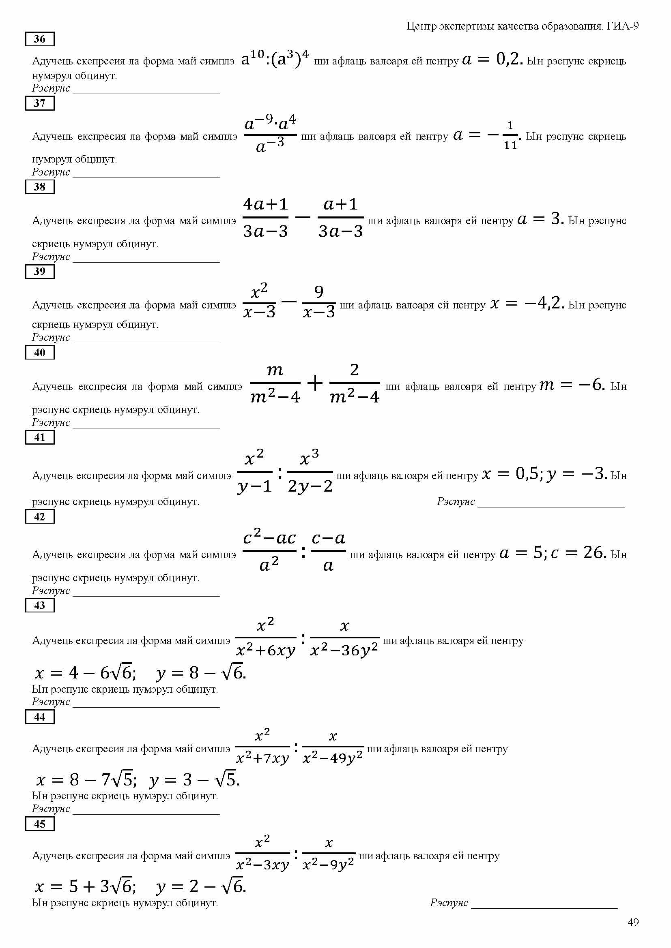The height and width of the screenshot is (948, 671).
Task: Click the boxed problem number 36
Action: click(x=40, y=39)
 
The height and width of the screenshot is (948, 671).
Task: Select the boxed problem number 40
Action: click(x=40, y=352)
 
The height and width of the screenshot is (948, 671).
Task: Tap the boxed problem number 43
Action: click(x=40, y=605)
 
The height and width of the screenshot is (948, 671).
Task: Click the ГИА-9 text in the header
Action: click(x=623, y=26)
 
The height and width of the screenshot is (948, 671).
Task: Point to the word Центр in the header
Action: click(x=421, y=26)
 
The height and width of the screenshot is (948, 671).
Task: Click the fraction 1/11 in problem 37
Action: click(x=510, y=135)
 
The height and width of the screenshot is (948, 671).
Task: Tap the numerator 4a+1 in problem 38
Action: click(x=265, y=204)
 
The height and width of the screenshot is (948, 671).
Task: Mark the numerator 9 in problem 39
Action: click(x=318, y=292)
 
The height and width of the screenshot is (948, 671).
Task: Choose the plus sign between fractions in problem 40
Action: click(x=315, y=383)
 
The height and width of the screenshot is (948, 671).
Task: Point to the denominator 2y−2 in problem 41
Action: click(x=310, y=486)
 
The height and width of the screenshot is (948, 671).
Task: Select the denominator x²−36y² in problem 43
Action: click(x=344, y=651)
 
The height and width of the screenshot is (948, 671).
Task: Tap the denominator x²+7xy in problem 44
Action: click(x=262, y=758)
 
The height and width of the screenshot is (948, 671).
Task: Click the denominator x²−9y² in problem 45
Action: click(x=328, y=865)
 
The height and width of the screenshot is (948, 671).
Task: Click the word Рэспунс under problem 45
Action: click(x=449, y=903)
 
